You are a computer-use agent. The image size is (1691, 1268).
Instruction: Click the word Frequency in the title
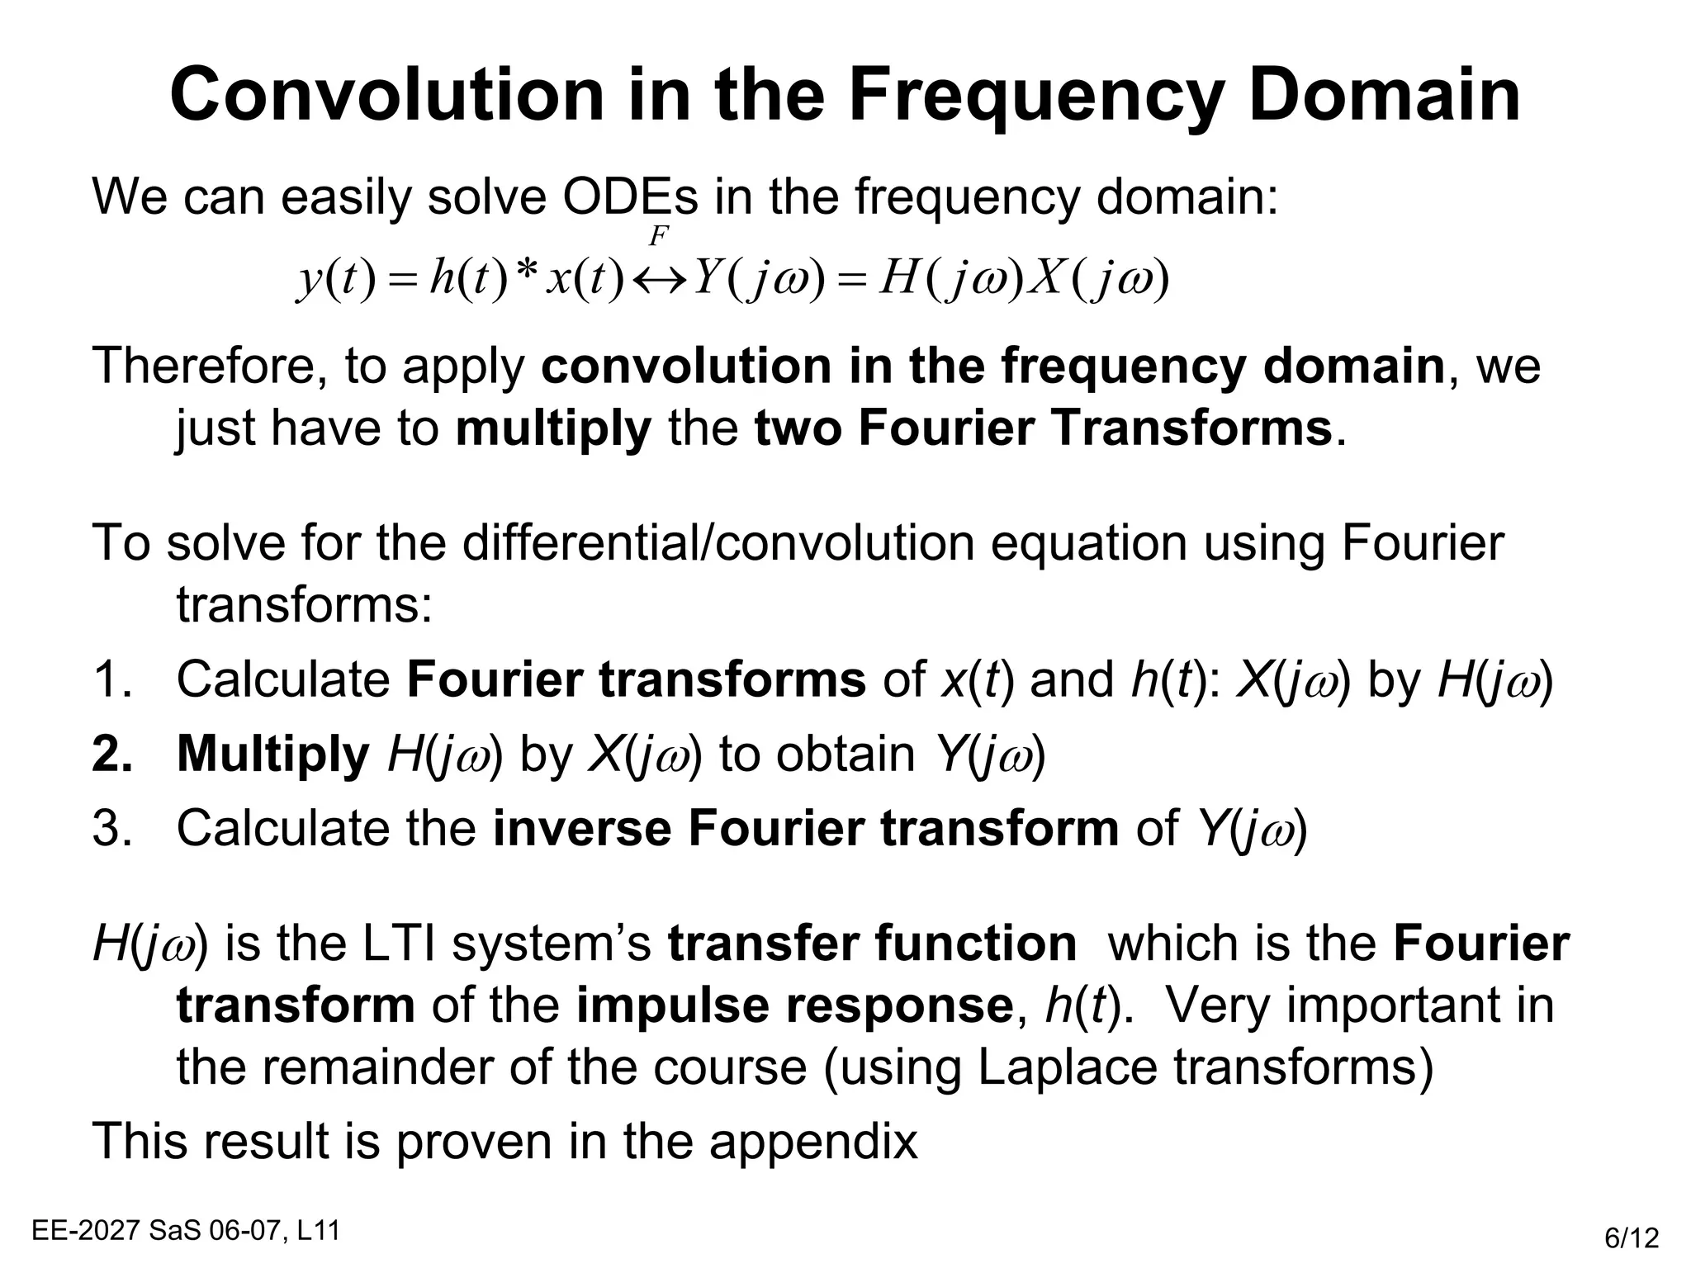[1036, 96]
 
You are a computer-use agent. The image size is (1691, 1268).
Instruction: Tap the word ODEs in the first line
[630, 197]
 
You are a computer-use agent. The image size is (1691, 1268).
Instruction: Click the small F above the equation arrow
[657, 237]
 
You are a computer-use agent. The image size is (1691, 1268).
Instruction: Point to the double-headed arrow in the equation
[659, 282]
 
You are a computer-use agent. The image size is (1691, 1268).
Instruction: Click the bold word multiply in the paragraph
[553, 428]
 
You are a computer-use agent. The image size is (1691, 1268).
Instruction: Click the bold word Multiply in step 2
[272, 754]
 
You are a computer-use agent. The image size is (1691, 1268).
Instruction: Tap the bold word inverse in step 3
[581, 828]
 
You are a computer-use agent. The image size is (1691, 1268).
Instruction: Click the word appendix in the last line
[812, 1142]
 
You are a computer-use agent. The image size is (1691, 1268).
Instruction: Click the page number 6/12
[1632, 1238]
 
